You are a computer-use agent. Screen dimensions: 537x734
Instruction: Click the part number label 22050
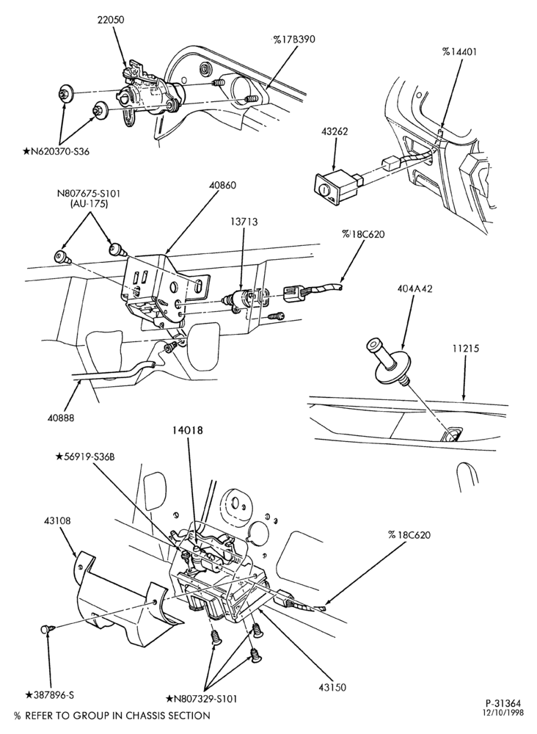111,20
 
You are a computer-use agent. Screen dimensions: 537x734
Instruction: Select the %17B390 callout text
293,40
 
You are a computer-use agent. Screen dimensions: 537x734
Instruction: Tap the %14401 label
459,51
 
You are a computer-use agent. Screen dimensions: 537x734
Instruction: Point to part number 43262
335,132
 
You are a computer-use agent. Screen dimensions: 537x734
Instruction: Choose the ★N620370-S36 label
56,151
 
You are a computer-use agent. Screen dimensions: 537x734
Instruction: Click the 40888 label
61,417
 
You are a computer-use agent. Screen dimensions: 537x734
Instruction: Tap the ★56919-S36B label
84,457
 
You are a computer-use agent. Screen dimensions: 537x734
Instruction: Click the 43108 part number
57,520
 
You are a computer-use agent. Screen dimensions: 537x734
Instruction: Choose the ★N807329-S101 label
202,700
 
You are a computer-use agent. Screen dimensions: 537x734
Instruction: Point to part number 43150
332,687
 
